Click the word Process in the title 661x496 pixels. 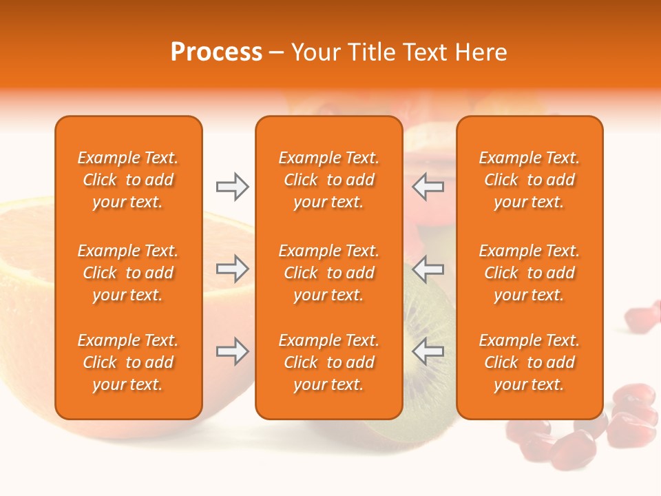[x=216, y=52]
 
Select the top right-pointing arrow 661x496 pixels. [x=232, y=187]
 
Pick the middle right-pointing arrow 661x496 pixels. [x=232, y=269]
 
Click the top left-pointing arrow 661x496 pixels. [x=428, y=187]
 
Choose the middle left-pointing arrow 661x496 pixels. [x=428, y=269]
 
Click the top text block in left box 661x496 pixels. [x=128, y=180]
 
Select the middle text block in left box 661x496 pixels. [x=128, y=273]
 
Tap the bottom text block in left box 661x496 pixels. [x=128, y=362]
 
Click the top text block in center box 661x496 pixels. [x=328, y=180]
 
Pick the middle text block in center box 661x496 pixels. [x=328, y=273]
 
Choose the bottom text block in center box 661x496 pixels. [x=328, y=362]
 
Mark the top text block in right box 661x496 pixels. [x=529, y=180]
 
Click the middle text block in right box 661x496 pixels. [x=529, y=273]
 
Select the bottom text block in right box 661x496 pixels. [x=529, y=362]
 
